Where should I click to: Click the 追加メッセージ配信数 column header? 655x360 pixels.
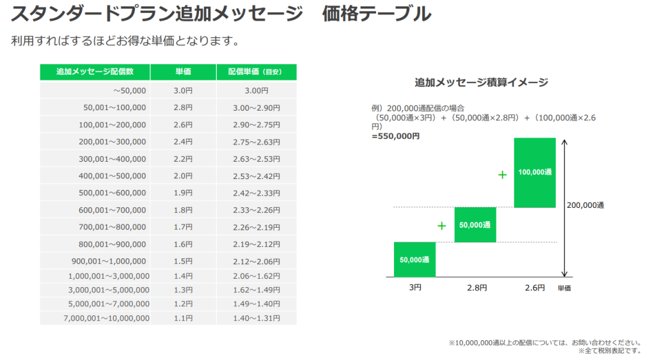[x=95, y=72]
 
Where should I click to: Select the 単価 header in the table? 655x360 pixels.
[x=183, y=72]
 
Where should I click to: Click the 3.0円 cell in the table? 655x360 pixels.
[x=183, y=91]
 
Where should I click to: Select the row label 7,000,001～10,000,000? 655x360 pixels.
[x=107, y=318]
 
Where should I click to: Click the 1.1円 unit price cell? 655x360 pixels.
[x=183, y=318]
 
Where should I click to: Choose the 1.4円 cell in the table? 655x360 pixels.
[x=183, y=276]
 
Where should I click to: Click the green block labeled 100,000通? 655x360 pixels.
[x=535, y=173]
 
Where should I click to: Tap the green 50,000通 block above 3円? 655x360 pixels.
[x=414, y=260]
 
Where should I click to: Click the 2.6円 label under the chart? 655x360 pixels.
[x=534, y=288]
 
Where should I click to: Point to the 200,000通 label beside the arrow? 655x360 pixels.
[x=585, y=205]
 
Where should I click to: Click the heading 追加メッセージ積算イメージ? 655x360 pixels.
[x=481, y=82]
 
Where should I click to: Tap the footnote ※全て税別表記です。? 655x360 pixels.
[x=609, y=351]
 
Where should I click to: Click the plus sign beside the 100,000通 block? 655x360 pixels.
[x=502, y=174]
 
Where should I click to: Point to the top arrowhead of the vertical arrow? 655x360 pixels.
[x=564, y=143]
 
